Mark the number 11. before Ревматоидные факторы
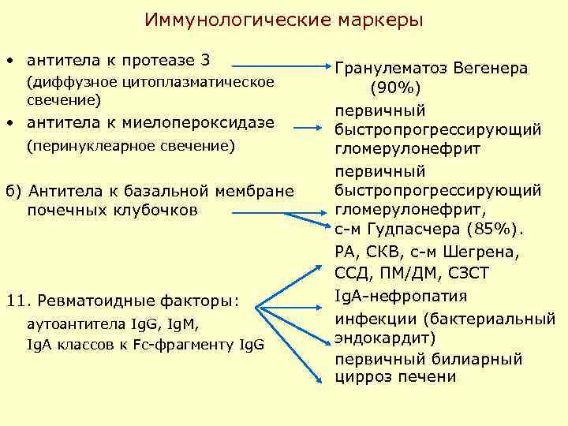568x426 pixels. (x=17, y=301)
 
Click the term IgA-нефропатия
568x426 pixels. (x=400, y=297)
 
